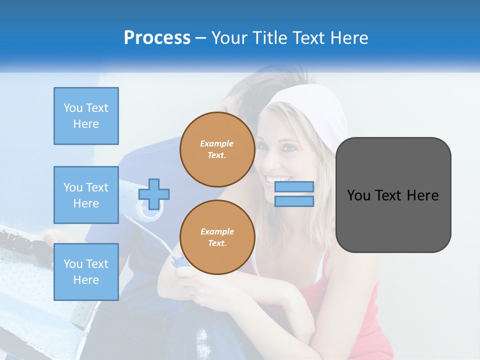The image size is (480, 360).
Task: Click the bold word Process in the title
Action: (157, 38)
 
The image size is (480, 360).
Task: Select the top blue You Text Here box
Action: (86, 116)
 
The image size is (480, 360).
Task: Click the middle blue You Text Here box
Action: (86, 195)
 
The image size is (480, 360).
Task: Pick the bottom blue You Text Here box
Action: (86, 271)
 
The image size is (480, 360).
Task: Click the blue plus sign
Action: (154, 194)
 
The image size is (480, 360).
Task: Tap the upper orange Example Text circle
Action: (217, 149)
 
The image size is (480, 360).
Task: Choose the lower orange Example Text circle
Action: (217, 237)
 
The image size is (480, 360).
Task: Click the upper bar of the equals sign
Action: (294, 186)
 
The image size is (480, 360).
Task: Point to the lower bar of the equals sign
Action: (294, 201)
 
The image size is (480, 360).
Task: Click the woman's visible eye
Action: (289, 148)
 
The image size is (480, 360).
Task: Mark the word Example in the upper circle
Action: (217, 143)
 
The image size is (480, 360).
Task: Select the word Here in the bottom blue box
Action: (86, 280)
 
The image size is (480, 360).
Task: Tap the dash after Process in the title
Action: (201, 38)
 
